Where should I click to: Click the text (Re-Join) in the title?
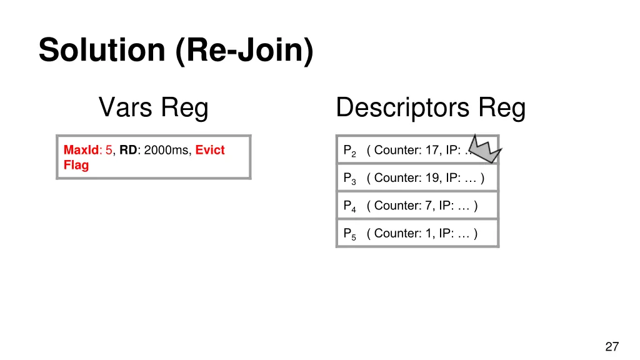coord(244,51)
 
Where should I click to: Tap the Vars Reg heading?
coord(153,107)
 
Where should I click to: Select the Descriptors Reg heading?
coord(430,107)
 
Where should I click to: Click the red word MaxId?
coord(81,150)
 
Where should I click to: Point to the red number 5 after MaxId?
coord(109,150)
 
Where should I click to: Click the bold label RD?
coord(128,150)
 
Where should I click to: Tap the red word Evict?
coord(210,150)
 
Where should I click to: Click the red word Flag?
coord(76,165)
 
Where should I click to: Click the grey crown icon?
coord(485,149)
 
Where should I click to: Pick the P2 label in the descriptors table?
coord(349,151)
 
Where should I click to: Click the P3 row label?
coord(349,178)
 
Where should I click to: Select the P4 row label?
coord(349,206)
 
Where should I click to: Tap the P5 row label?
coord(349,234)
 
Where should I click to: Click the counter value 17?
coord(431,150)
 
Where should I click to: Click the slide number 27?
coord(612,347)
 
